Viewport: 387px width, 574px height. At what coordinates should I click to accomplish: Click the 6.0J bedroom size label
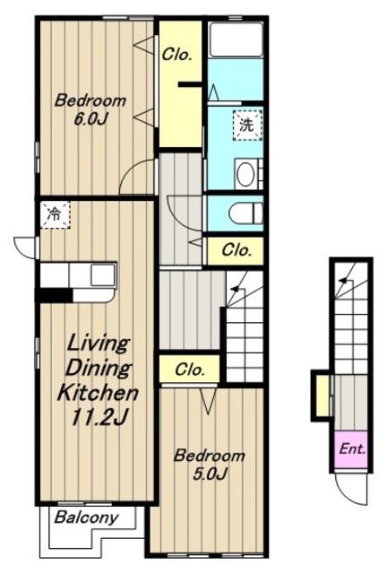click(x=90, y=119)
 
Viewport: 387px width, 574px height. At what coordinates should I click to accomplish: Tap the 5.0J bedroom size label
click(x=210, y=474)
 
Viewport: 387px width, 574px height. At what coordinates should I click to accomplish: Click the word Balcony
click(x=87, y=517)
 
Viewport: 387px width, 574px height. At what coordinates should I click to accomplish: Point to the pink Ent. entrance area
click(x=351, y=449)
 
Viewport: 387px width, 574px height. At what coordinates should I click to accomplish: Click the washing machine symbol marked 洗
click(x=247, y=126)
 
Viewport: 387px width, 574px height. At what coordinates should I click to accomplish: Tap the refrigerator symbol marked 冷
click(x=55, y=214)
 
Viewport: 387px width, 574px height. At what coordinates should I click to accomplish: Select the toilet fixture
click(x=245, y=213)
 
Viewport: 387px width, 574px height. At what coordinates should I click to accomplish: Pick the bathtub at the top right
click(x=236, y=39)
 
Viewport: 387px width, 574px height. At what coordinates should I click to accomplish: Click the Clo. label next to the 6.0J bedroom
click(x=177, y=55)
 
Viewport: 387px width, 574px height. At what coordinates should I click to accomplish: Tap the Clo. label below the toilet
click(x=236, y=250)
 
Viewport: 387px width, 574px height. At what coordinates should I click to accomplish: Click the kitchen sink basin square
click(x=103, y=275)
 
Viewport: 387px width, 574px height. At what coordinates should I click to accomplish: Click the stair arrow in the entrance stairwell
click(x=344, y=281)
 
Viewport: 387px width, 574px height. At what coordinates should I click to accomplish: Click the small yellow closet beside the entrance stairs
click(x=322, y=396)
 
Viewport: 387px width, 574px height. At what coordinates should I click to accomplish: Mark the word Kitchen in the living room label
click(x=98, y=393)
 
